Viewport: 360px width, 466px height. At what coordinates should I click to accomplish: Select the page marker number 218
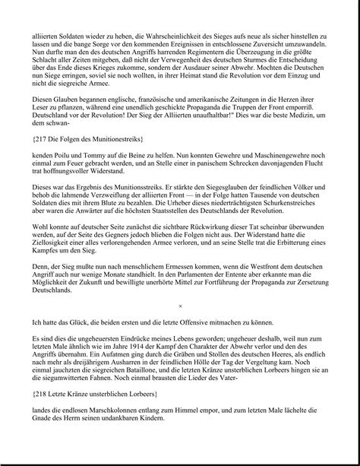pyautogui.click(x=46, y=394)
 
